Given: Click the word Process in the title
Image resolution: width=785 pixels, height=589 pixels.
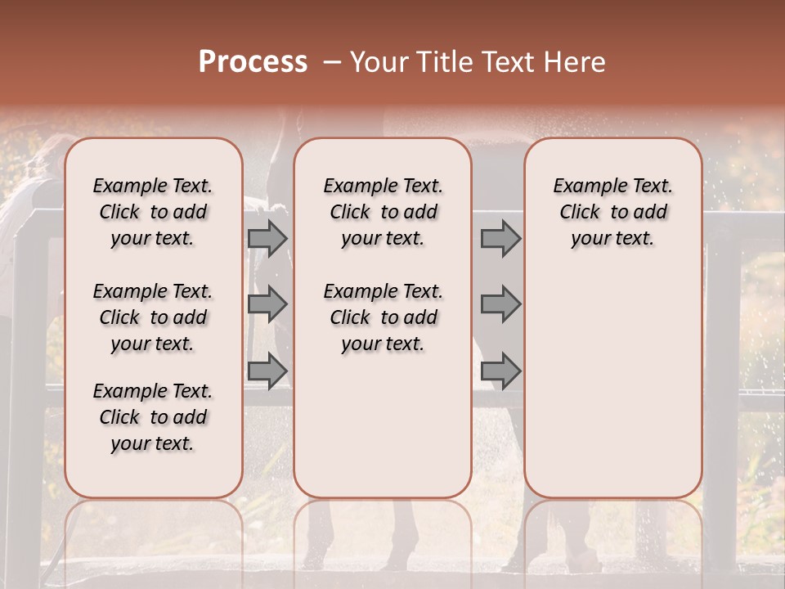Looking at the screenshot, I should coord(253,62).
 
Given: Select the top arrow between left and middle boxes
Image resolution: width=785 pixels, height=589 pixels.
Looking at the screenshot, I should coord(267,238).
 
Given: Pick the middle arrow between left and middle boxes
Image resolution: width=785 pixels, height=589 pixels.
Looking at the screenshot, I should coord(267,304).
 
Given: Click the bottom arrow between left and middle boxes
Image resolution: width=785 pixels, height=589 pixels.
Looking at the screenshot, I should coord(267,371).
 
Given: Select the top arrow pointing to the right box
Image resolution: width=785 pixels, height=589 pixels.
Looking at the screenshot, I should coord(500,238).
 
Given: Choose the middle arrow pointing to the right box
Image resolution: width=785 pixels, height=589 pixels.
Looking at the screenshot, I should coord(500,304).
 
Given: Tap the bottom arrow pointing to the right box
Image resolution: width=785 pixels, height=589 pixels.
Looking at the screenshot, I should coord(500,371).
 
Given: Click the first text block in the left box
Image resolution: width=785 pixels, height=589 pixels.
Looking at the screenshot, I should coord(153,212).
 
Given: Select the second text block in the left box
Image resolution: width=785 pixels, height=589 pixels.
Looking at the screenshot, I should coord(153,317).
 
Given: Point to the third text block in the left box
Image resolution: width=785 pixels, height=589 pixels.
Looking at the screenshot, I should coord(153,417).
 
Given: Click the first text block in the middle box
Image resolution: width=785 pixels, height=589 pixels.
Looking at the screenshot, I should coord(383,212).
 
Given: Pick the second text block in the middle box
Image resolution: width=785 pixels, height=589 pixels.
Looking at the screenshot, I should coord(383,317).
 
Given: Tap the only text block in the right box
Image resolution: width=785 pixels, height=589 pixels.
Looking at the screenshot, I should coord(612,212).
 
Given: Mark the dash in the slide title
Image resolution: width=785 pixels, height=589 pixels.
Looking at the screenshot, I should coord(330,62).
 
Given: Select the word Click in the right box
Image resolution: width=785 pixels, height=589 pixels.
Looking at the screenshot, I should coord(580,213).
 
